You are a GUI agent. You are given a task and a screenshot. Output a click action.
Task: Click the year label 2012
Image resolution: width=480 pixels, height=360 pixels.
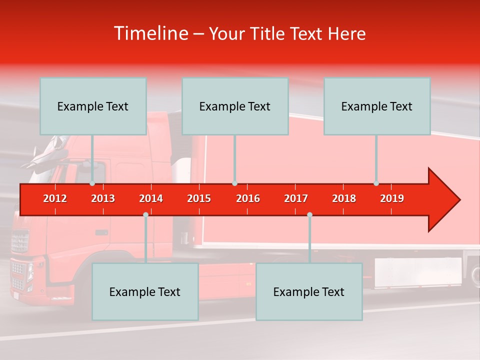(x=55, y=198)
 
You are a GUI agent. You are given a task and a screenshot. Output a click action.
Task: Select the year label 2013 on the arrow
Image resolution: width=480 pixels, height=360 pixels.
(x=103, y=198)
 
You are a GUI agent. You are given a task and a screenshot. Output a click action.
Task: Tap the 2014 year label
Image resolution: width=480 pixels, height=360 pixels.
(x=151, y=198)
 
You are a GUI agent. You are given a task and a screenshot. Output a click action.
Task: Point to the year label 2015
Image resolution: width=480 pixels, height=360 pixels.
(x=199, y=198)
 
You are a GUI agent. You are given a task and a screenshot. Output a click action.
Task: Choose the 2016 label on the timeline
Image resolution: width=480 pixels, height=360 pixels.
(x=248, y=198)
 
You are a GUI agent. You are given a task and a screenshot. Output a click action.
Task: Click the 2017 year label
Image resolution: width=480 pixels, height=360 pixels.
(x=296, y=198)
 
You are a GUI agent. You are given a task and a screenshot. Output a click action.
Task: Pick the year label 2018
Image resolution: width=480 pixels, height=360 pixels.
(x=344, y=198)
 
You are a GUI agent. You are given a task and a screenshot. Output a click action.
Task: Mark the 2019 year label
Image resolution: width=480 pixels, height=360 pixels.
(x=392, y=198)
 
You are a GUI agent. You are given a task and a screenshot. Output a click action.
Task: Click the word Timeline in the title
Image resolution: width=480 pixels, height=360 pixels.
(x=150, y=33)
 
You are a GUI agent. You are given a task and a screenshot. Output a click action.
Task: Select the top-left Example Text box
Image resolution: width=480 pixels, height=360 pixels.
(x=93, y=106)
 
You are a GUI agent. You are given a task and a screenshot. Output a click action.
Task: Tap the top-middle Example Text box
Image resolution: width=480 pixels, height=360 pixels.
(x=235, y=106)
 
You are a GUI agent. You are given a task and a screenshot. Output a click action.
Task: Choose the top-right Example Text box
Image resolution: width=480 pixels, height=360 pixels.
(x=377, y=106)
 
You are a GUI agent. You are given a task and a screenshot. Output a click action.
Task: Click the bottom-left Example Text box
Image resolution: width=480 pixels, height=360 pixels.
(x=145, y=291)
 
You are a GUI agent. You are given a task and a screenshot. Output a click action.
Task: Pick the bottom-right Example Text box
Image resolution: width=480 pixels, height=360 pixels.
(x=309, y=291)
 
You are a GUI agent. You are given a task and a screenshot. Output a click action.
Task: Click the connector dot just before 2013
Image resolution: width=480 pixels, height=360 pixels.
(x=92, y=183)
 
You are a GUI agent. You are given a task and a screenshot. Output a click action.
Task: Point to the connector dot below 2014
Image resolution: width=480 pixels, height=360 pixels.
(x=145, y=214)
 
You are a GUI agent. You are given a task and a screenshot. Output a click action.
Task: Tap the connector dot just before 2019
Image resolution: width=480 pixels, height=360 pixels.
(x=376, y=183)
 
